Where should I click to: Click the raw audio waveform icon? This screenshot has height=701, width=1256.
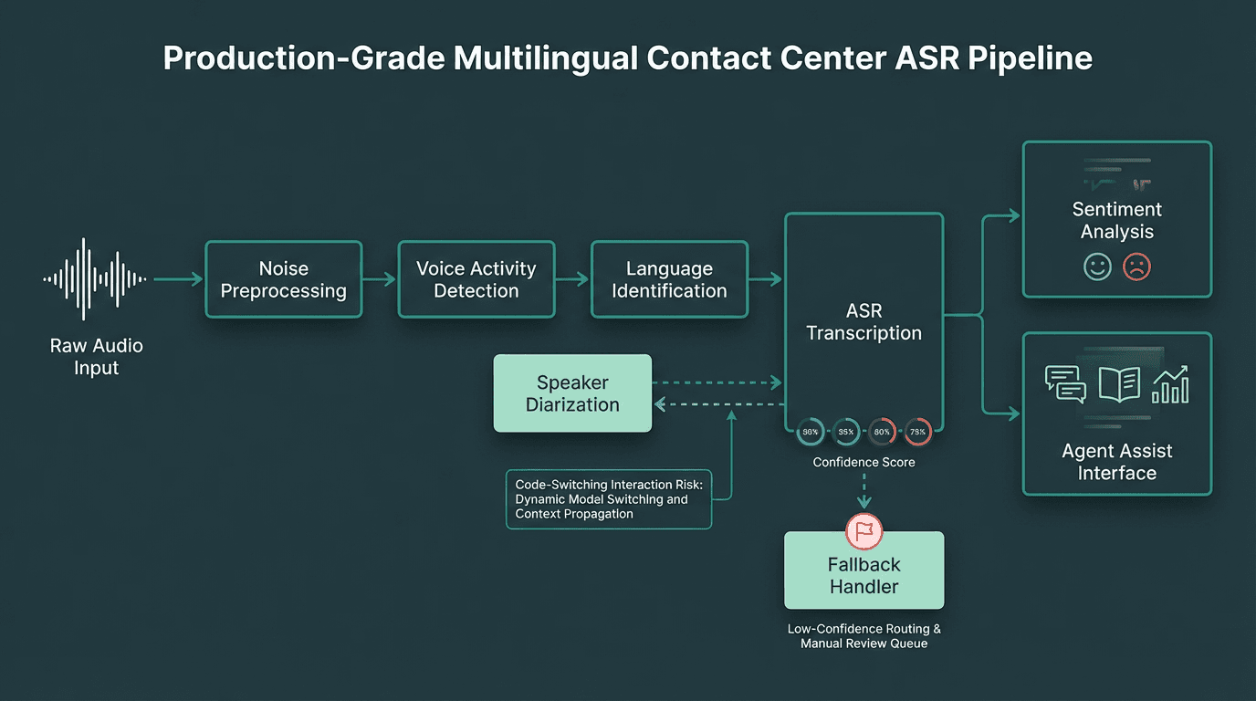(96, 278)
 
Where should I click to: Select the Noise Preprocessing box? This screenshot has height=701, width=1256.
(284, 279)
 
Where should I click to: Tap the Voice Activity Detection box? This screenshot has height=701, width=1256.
(476, 279)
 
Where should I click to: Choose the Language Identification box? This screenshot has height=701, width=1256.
(669, 279)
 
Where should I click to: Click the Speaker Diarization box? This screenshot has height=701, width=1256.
(572, 393)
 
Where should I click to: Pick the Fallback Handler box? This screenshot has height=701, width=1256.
(863, 575)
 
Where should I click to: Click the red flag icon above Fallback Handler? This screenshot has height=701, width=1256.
(863, 530)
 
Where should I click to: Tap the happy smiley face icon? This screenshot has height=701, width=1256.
(1096, 267)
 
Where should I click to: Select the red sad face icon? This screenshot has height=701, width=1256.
(1136, 267)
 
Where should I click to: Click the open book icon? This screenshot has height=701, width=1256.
(1119, 384)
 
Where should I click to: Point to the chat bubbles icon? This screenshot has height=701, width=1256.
(1065, 384)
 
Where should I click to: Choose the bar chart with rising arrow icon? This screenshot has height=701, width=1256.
(1170, 384)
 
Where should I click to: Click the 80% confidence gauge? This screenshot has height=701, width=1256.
(882, 432)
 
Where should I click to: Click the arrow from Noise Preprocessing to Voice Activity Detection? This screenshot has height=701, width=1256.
(380, 279)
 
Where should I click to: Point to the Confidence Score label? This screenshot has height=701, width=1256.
(863, 463)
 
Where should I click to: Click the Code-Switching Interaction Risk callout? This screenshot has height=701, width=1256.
(608, 499)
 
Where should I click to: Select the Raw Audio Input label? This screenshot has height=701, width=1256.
(96, 357)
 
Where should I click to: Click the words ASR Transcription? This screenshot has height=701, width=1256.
(863, 322)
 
